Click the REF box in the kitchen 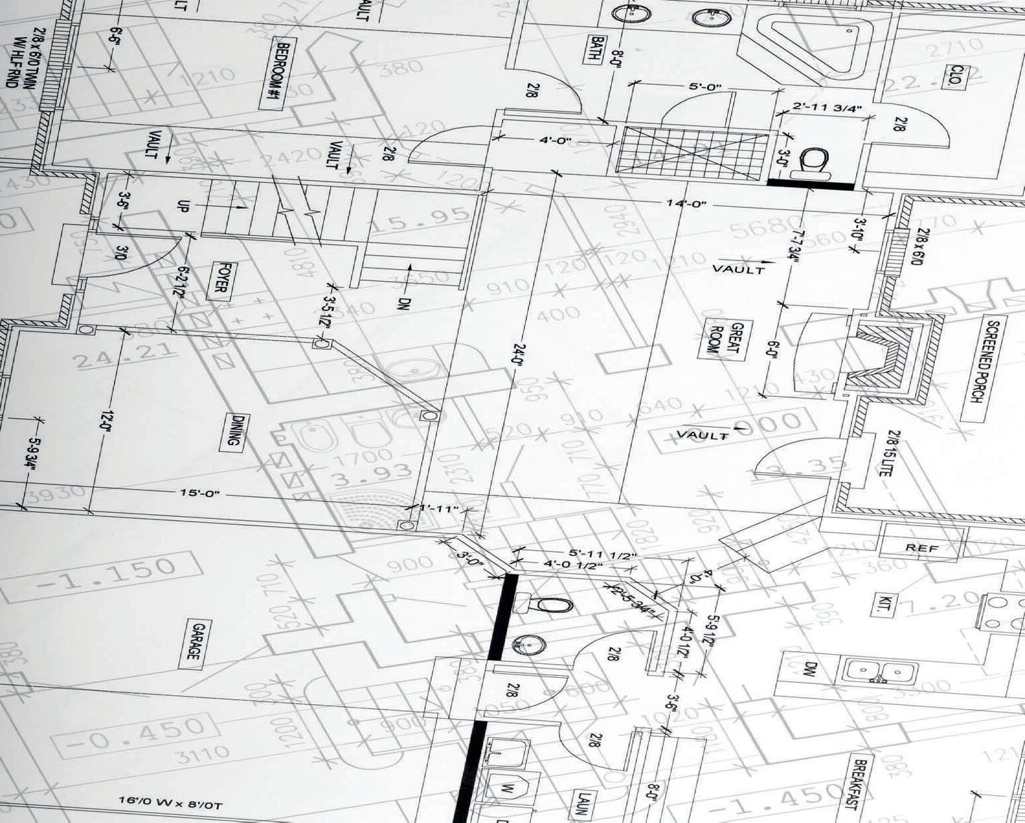click(x=922, y=547)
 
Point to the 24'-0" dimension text click(x=520, y=365)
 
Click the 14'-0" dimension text click(x=687, y=203)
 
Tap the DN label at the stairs click(x=405, y=304)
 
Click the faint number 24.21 click(x=115, y=357)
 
